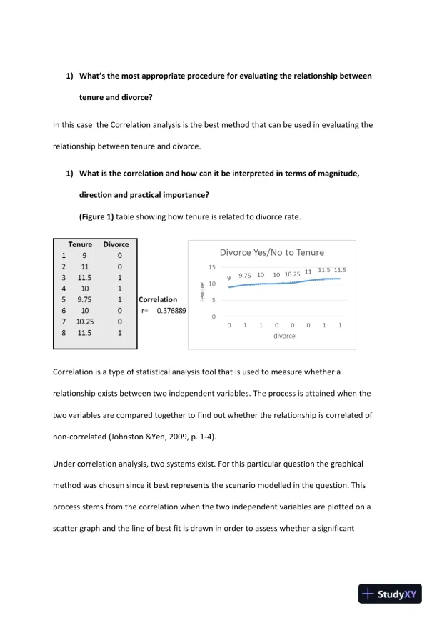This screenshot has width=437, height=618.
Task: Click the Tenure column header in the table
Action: click(x=80, y=244)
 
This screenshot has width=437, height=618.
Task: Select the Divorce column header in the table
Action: click(x=116, y=244)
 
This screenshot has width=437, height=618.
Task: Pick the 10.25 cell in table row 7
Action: click(x=85, y=322)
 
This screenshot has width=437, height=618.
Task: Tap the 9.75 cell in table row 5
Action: click(x=85, y=300)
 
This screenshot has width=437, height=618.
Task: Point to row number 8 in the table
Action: click(x=64, y=333)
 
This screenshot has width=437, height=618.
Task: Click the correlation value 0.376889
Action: click(x=171, y=311)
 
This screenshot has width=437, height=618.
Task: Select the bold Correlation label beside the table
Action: click(x=158, y=300)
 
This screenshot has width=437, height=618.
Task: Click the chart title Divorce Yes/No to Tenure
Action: click(x=271, y=252)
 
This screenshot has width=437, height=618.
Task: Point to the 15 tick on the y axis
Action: click(x=211, y=267)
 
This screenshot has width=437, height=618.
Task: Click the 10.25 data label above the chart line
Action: click(x=292, y=274)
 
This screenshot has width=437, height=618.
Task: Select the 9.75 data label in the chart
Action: click(x=245, y=276)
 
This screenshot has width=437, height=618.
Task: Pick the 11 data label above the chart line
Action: click(x=308, y=271)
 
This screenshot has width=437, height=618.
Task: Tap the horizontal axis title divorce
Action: click(x=284, y=336)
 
